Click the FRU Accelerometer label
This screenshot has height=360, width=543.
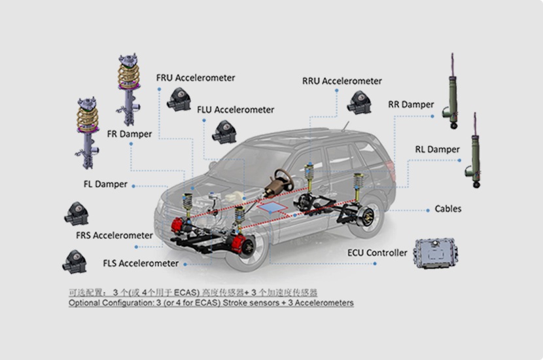point(195,78)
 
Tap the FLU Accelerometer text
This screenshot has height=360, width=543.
point(236,110)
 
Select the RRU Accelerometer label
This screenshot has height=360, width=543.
point(342,81)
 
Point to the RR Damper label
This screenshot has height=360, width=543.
point(411,105)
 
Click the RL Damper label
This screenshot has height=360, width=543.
point(437,149)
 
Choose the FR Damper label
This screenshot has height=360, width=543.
point(129,134)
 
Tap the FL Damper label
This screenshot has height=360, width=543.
point(105,185)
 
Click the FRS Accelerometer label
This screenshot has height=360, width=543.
point(114,235)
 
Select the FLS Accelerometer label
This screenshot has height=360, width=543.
point(141,264)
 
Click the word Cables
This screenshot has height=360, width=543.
point(448,209)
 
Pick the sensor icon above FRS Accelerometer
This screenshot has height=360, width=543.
point(76,213)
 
